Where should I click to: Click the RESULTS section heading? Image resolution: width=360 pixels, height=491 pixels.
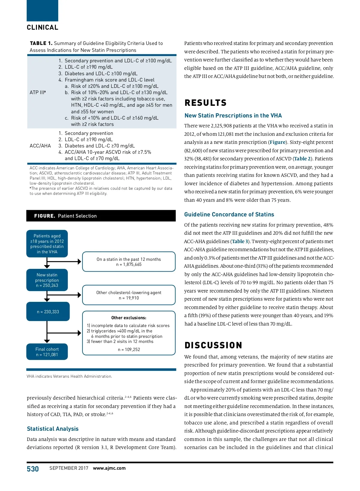[205, 103]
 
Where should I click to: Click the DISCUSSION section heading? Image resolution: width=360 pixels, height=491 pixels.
[213, 345]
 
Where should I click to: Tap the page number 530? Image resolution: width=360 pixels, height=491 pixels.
[33, 469]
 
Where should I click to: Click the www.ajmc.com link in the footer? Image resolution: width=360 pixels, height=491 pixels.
[109, 468]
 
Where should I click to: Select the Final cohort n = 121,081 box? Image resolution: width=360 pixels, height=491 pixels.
[47, 352]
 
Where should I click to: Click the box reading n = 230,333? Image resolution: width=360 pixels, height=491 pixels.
[48, 312]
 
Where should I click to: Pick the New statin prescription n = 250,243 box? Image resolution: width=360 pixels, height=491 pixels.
[47, 280]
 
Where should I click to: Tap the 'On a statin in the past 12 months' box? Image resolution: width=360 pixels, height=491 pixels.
[129, 262]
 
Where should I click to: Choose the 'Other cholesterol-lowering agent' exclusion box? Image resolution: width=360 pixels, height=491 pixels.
[129, 295]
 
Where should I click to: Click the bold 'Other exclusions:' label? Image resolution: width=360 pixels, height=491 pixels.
[129, 318]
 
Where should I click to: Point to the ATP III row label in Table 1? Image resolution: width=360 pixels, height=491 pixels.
[38, 92]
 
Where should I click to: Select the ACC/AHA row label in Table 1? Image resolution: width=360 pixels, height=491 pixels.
[40, 146]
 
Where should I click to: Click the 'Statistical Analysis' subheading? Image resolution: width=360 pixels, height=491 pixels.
[53, 429]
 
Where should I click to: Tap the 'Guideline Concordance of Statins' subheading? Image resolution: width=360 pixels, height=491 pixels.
[229, 214]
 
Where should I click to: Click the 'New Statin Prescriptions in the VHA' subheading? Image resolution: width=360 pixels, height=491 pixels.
[233, 115]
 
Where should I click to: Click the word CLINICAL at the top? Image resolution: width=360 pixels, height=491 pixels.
[43, 28]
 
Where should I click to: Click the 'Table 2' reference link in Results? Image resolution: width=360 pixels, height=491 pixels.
[302, 159]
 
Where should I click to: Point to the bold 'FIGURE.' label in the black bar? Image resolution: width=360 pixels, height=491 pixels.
[45, 216]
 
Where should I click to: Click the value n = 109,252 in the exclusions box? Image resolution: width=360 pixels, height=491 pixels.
[129, 350]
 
